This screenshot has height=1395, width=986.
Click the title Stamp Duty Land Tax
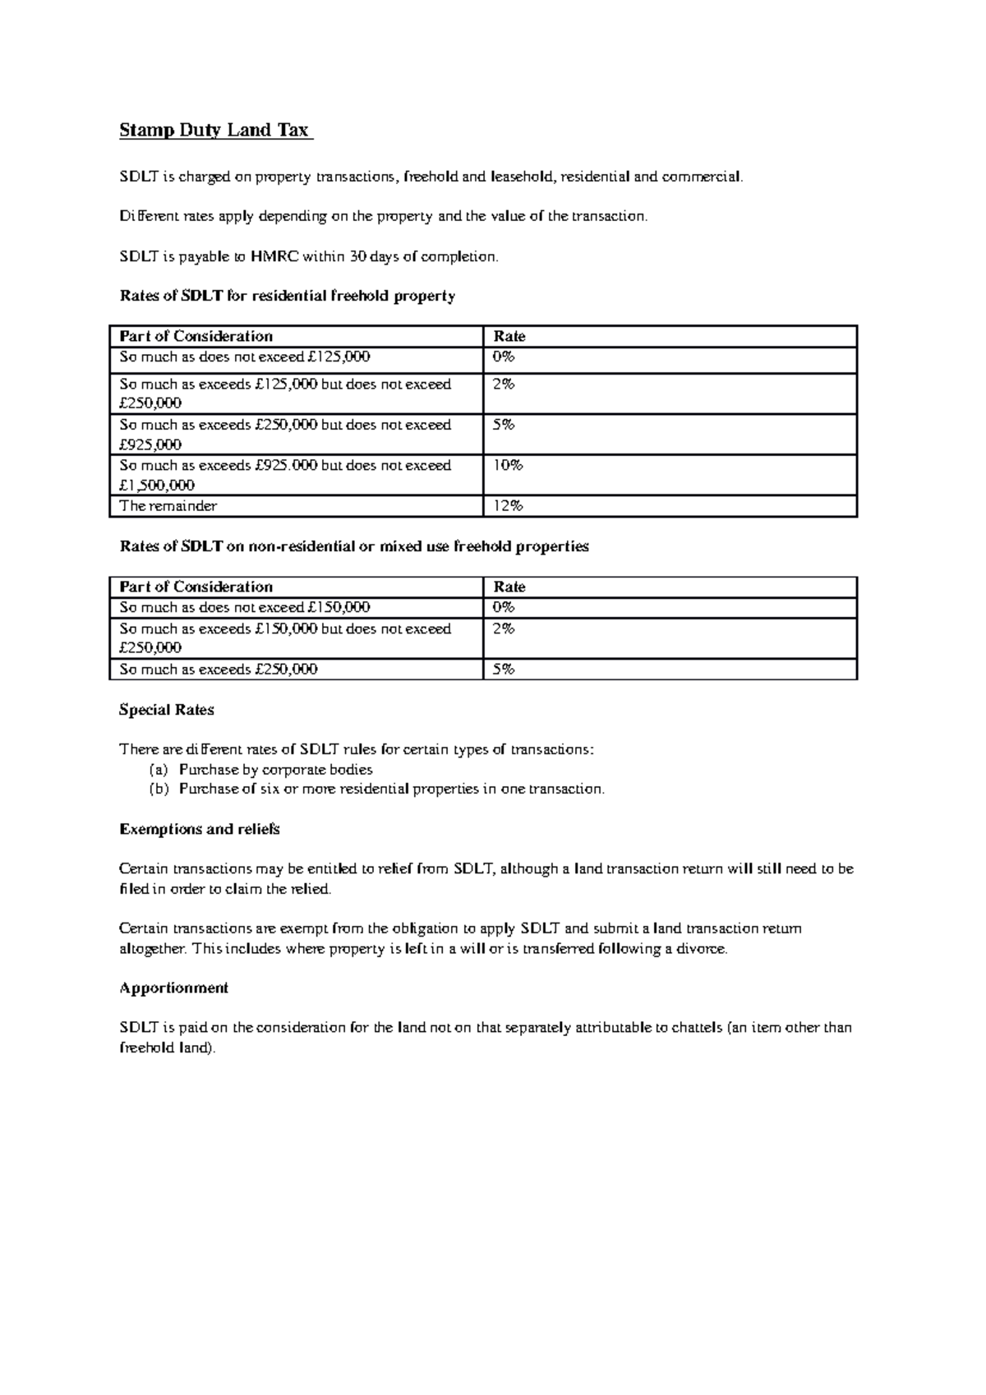214,130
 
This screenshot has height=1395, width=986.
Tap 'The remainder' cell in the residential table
168,506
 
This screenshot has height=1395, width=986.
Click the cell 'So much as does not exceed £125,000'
245,357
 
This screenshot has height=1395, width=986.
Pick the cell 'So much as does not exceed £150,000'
245,607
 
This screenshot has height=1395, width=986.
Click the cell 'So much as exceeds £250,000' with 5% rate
219,670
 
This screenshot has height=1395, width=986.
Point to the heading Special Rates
167,710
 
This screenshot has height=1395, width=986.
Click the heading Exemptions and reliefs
200,829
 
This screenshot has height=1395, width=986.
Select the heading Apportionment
174,988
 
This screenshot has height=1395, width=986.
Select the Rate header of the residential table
509,336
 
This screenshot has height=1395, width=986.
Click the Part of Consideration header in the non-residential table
196,587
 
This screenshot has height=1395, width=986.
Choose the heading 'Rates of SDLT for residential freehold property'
288,296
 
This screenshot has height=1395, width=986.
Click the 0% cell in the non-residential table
503,607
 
